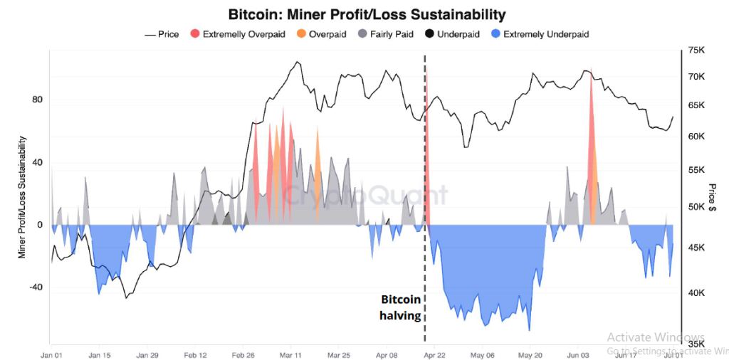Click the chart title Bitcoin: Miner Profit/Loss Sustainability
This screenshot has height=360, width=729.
tap(367, 14)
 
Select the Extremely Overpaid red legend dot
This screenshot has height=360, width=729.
tap(195, 33)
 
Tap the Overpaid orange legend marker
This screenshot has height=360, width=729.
tap(301, 33)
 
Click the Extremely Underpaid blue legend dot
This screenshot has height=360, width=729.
tap(495, 33)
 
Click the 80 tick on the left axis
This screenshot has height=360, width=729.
tap(37, 100)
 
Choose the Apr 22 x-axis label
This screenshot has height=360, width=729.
tap(435, 354)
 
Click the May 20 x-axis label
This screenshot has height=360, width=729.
tap(530, 354)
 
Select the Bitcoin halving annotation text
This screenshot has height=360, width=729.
tap(401, 307)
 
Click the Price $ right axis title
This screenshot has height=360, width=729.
tap(712, 198)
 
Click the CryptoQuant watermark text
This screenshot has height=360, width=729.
tap(366, 194)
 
